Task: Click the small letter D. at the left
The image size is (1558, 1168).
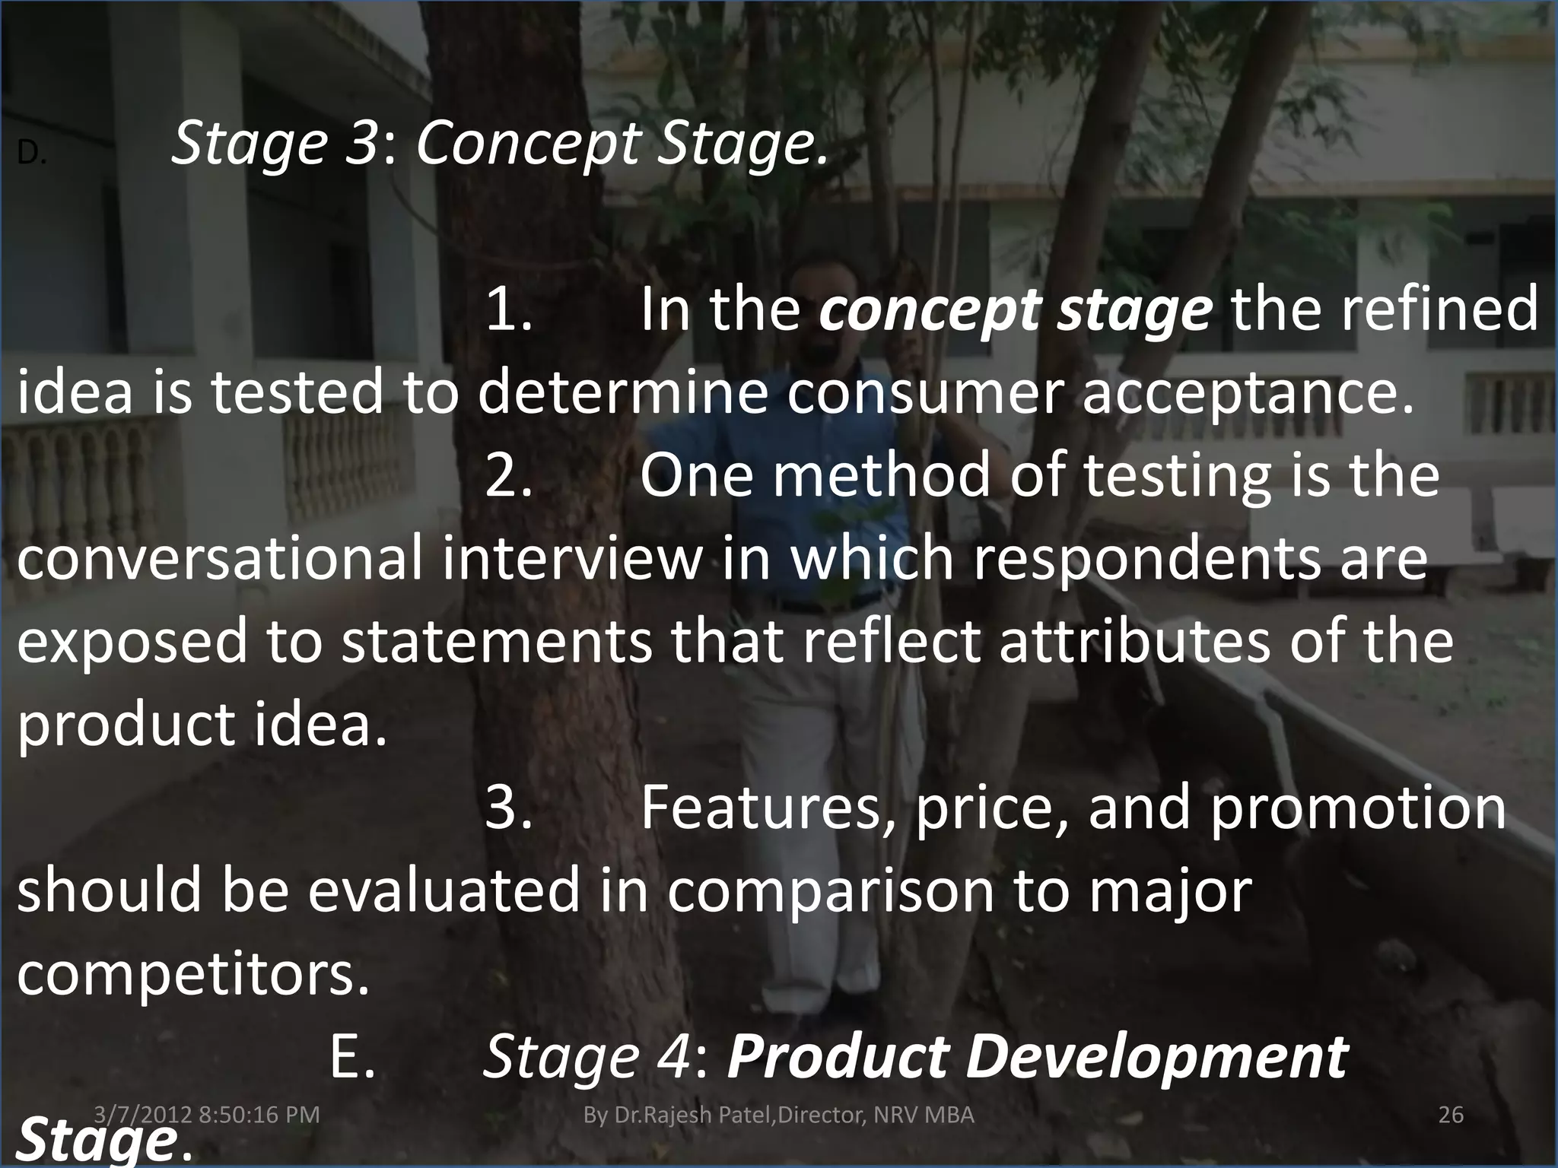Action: click(32, 154)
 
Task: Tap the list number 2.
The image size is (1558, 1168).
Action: click(507, 475)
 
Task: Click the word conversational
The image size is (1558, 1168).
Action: click(218, 558)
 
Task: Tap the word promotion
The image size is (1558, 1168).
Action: click(1357, 809)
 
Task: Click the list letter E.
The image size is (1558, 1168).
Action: click(352, 1057)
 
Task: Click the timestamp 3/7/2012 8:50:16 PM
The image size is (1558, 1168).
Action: click(207, 1115)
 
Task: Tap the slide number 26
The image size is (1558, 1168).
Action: click(1451, 1115)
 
